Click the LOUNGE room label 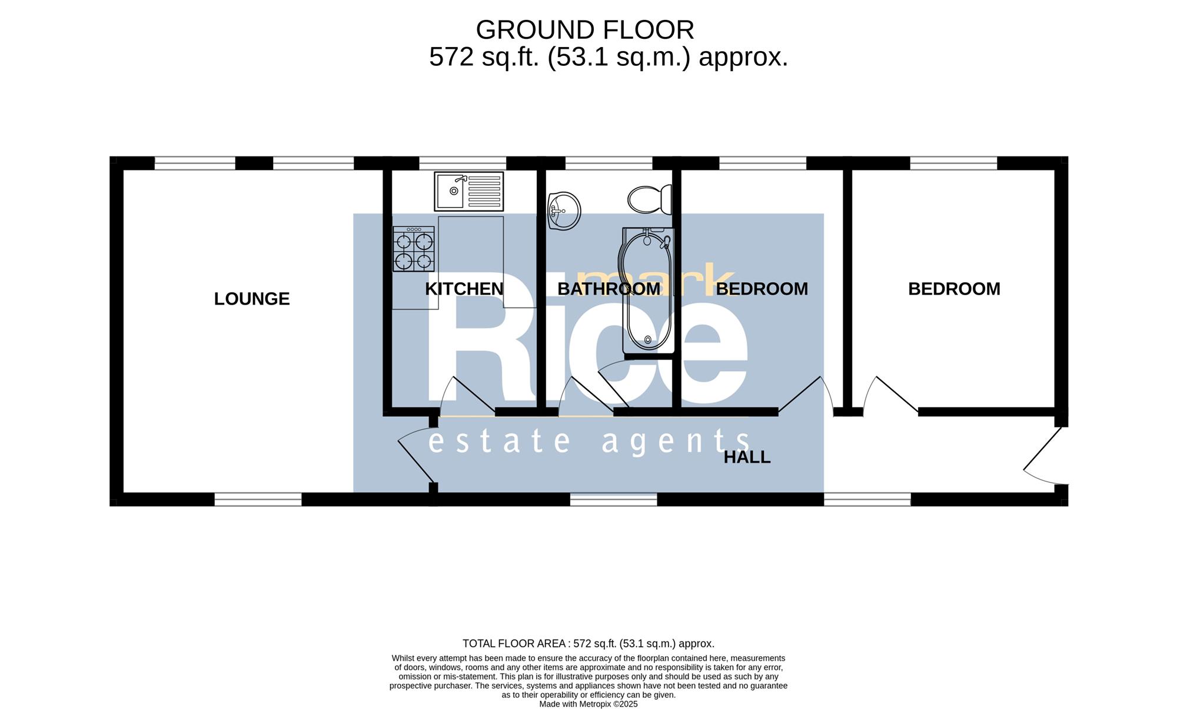coord(252,299)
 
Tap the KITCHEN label coord(464,289)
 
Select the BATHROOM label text coord(609,289)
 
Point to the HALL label coord(747,457)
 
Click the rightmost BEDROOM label coord(954,289)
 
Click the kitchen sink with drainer coord(469,191)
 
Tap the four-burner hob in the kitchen coord(414,249)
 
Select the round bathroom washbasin coord(564,211)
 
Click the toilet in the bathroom coord(650,199)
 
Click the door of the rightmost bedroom coord(890,395)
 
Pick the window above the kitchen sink coord(463,163)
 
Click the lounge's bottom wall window coord(258,499)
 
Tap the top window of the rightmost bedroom coord(953,163)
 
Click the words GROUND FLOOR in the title coord(585,29)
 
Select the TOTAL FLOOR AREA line coord(588,644)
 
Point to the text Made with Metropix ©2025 coord(588,704)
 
